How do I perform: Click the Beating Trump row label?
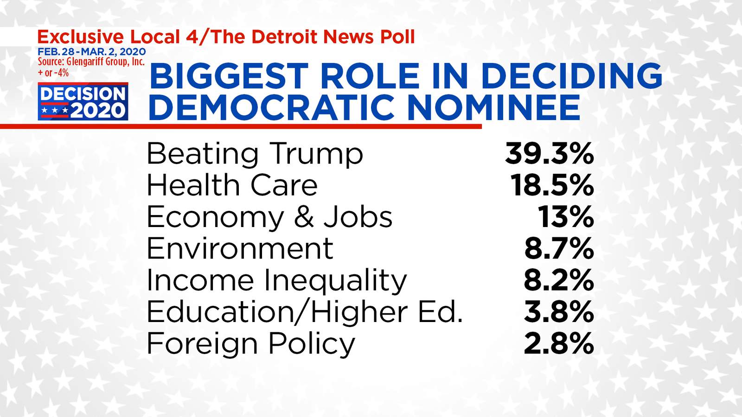pyautogui.click(x=255, y=154)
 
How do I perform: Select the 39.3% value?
pyautogui.click(x=549, y=153)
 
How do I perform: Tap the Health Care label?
pyautogui.click(x=232, y=185)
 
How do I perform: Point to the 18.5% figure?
pyautogui.click(x=552, y=185)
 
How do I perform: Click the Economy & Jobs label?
pyautogui.click(x=269, y=217)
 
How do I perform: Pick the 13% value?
pyautogui.click(x=566, y=217)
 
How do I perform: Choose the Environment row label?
pyautogui.click(x=240, y=248)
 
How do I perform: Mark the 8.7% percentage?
pyautogui.click(x=559, y=248)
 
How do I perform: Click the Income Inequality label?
pyautogui.click(x=276, y=280)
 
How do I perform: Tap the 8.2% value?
pyautogui.click(x=559, y=280)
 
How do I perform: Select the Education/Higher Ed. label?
pyautogui.click(x=305, y=312)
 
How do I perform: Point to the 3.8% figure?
pyautogui.click(x=559, y=312)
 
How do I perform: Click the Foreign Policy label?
pyautogui.click(x=250, y=344)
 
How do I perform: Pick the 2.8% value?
pyautogui.click(x=559, y=344)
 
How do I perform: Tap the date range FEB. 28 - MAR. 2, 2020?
pyautogui.click(x=92, y=51)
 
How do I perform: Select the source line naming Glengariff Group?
pyautogui.click(x=91, y=62)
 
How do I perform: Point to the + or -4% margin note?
pyautogui.click(x=53, y=72)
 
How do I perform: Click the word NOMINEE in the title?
pyautogui.click(x=493, y=107)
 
